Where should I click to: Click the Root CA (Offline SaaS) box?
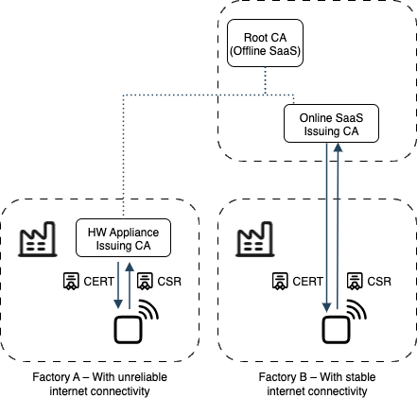(265, 43)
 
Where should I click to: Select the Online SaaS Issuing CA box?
(331, 123)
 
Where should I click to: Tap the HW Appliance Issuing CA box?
(123, 237)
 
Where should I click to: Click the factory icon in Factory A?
(38, 239)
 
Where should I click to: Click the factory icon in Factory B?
(254, 239)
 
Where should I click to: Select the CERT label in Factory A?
(98, 281)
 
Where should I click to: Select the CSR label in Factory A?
(169, 281)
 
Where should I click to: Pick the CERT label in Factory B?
(307, 281)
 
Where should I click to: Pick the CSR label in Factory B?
(379, 281)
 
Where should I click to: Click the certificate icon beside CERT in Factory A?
(71, 281)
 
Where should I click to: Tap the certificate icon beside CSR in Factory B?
(355, 281)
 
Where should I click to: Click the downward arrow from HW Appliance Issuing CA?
(118, 286)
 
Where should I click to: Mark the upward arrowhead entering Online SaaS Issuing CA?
(338, 147)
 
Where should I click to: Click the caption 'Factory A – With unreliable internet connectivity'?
(99, 384)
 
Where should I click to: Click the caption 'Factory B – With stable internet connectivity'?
(317, 384)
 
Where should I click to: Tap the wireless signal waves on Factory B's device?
(356, 309)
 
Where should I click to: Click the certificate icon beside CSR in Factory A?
(145, 281)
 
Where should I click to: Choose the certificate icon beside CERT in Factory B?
(280, 281)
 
